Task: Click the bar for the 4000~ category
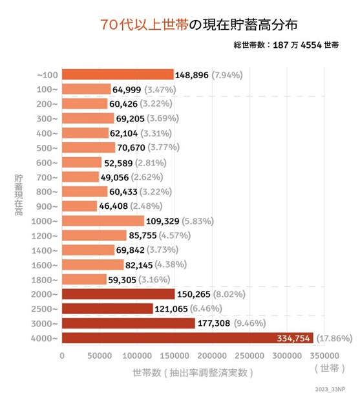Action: tap(187, 337)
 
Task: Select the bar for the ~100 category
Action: tap(118, 74)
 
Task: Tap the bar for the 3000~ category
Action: tap(128, 323)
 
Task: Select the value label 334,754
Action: tap(291, 337)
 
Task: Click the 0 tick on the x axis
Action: tap(62, 355)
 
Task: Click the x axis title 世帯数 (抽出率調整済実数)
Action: tap(192, 372)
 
